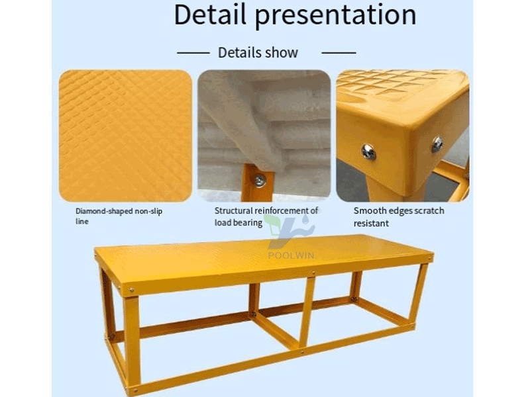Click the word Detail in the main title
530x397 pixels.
coord(209,14)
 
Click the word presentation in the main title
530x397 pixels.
coord(335,16)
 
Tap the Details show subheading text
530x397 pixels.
coord(258,53)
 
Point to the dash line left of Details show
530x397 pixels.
coord(193,53)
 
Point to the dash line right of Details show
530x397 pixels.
coord(339,53)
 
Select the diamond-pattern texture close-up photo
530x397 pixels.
coord(125,136)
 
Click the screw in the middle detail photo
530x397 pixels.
coord(260,181)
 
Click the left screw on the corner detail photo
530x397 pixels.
coord(368,152)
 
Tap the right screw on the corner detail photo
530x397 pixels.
coord(437,144)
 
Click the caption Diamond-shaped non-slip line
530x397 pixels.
coord(119,216)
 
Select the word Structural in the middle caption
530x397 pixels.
coord(234,210)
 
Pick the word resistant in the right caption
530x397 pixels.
coord(371,223)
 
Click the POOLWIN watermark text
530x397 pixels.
coord(291,255)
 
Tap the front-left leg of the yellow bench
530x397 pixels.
coord(132,341)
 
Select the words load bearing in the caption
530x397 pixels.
coord(238,223)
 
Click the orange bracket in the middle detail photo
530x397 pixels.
coord(258,183)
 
